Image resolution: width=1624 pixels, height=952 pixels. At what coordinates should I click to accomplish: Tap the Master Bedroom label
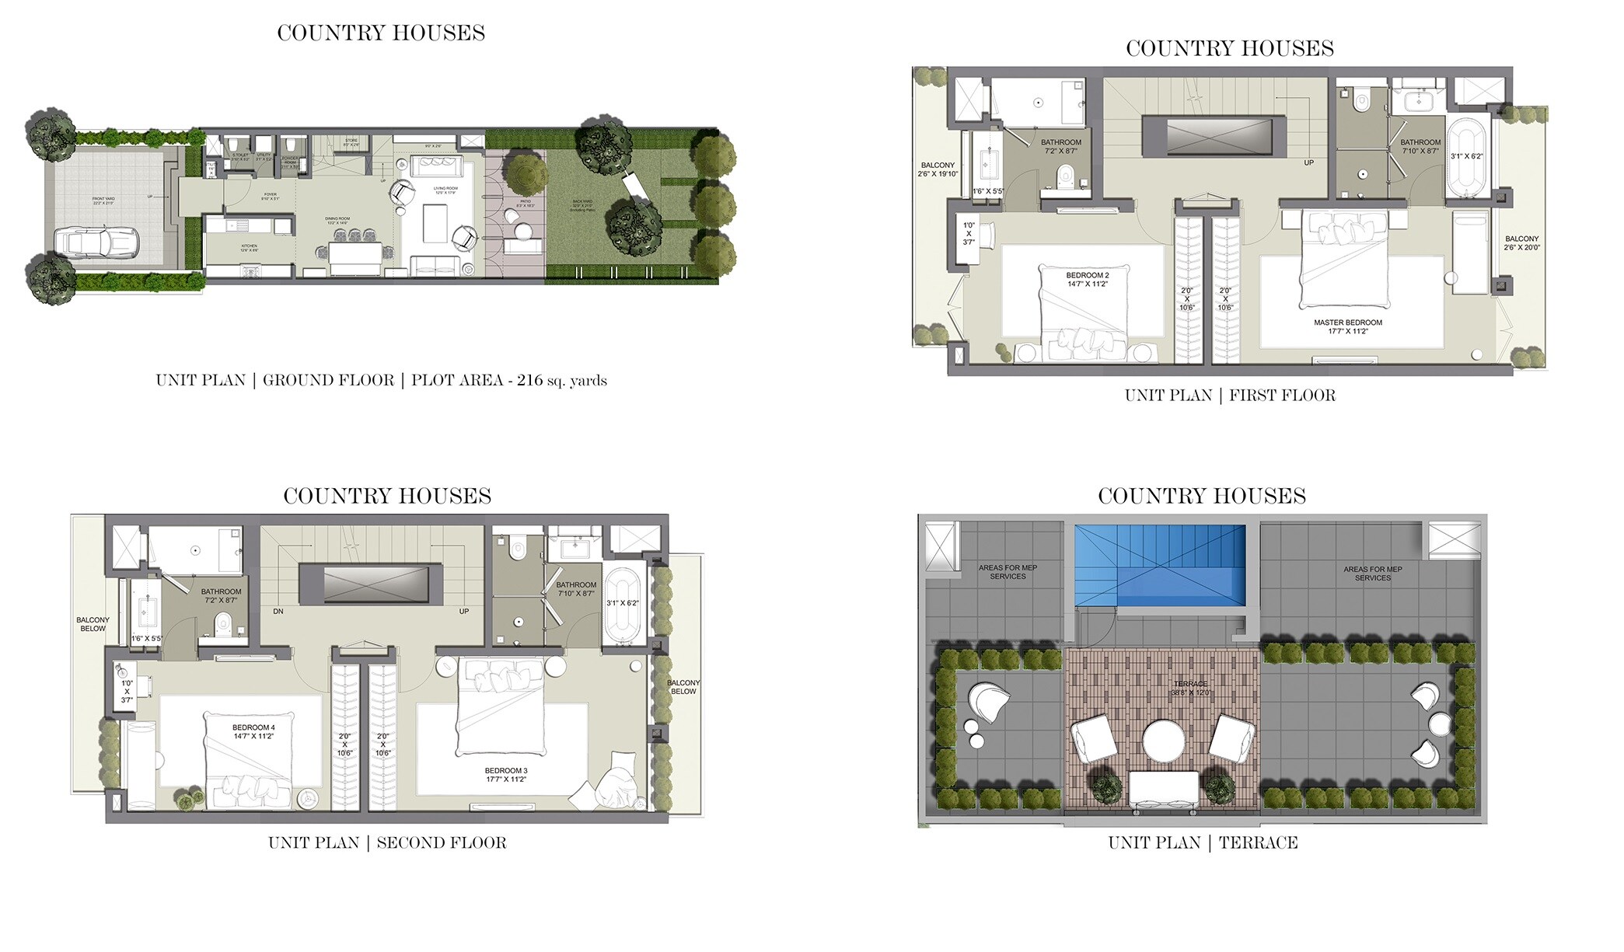(1348, 326)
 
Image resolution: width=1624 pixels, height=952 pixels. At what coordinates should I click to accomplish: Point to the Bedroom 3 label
(506, 775)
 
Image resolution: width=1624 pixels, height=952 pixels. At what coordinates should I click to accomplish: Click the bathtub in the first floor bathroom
(1467, 156)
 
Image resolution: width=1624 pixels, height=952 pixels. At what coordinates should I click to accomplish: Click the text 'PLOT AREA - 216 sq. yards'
(508, 381)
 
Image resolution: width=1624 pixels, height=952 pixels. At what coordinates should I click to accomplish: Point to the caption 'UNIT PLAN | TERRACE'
(1203, 842)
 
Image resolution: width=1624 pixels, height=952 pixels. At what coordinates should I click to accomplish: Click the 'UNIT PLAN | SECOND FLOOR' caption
(387, 842)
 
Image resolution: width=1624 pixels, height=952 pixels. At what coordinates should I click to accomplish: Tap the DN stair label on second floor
(278, 612)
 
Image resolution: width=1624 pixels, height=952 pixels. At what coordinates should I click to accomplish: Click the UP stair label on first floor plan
(1309, 163)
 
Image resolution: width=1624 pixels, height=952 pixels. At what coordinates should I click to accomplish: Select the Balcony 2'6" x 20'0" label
(1521, 243)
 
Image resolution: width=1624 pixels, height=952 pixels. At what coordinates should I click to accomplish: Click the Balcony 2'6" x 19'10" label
(938, 169)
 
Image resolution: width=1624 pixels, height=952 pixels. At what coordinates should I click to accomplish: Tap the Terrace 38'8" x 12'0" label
(1190, 688)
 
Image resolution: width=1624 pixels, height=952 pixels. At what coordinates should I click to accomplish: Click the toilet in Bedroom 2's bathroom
(1066, 177)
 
